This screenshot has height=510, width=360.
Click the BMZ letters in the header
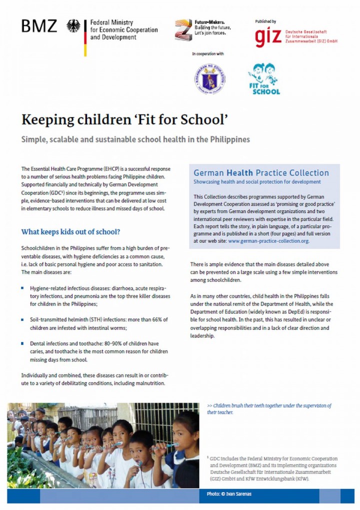[x=39, y=26]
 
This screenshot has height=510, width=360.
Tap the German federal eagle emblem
[x=73, y=26]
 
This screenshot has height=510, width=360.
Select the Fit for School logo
[x=263, y=79]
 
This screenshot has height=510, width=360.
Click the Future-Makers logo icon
[x=183, y=29]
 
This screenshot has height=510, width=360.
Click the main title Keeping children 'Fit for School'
[x=124, y=120]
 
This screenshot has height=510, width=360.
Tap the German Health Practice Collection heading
[x=261, y=173]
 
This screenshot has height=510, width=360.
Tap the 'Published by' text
[x=265, y=22]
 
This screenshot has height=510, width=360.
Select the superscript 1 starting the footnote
[x=207, y=457]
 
